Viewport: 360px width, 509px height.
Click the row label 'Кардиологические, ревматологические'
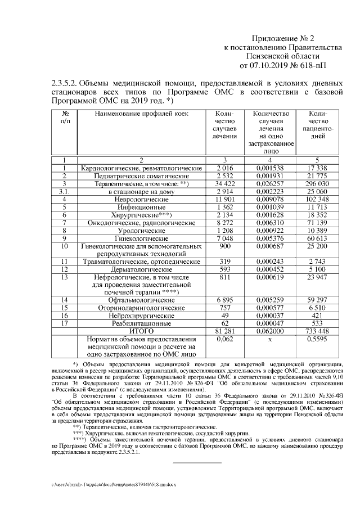tap(141, 168)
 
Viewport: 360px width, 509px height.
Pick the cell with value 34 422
tap(224, 184)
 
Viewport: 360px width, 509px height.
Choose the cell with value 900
tap(224, 247)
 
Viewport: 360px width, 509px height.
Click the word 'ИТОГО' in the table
tap(141, 332)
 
